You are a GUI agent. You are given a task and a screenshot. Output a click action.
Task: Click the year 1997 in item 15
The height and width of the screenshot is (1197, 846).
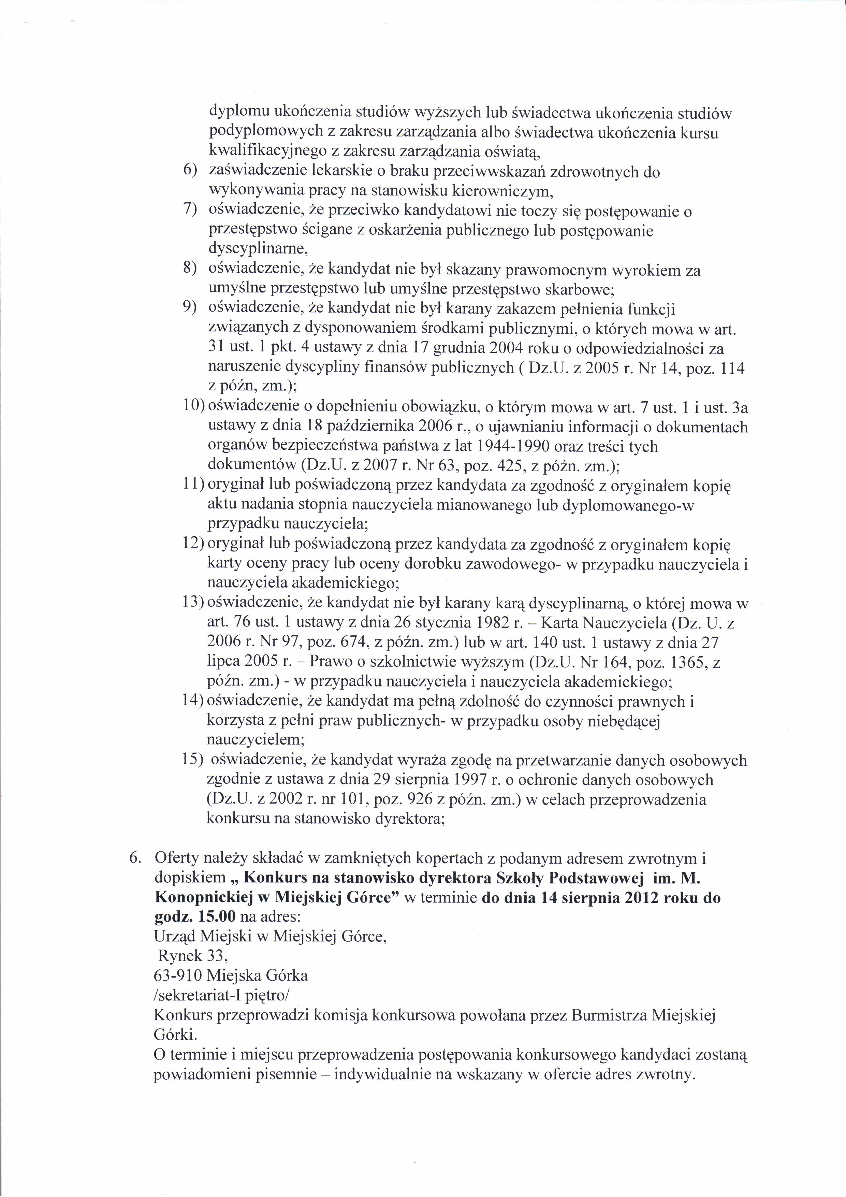point(471,780)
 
